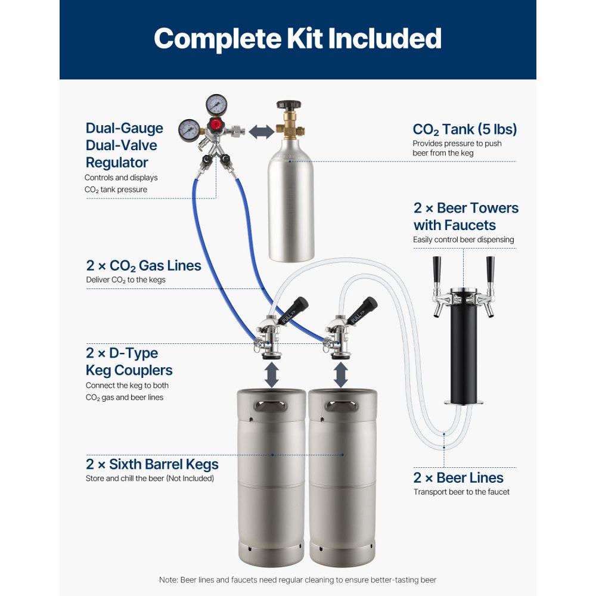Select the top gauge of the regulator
point(216,105)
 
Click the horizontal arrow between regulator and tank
point(260,132)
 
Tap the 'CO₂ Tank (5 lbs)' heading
point(464,129)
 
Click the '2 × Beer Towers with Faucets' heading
point(465,216)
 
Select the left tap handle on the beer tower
point(437,270)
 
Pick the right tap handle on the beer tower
point(490,270)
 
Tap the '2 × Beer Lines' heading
point(458,477)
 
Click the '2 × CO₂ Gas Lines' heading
point(143,265)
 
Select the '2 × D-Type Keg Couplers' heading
point(129,362)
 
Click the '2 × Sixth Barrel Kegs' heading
point(152,464)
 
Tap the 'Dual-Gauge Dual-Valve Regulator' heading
point(124,145)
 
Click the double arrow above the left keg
point(271,375)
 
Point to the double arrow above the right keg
point(341,375)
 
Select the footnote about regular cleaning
point(297,580)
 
